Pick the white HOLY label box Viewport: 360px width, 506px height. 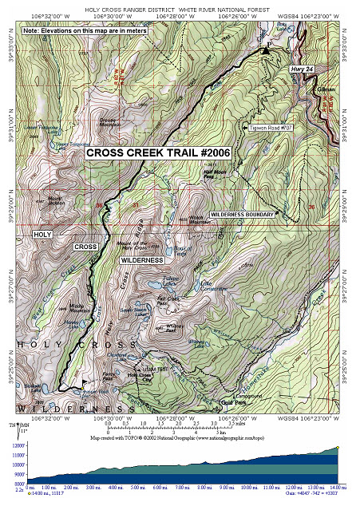click(x=42, y=234)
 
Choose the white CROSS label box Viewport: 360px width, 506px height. click(x=85, y=247)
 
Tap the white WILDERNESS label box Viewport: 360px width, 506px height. click(x=142, y=260)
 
